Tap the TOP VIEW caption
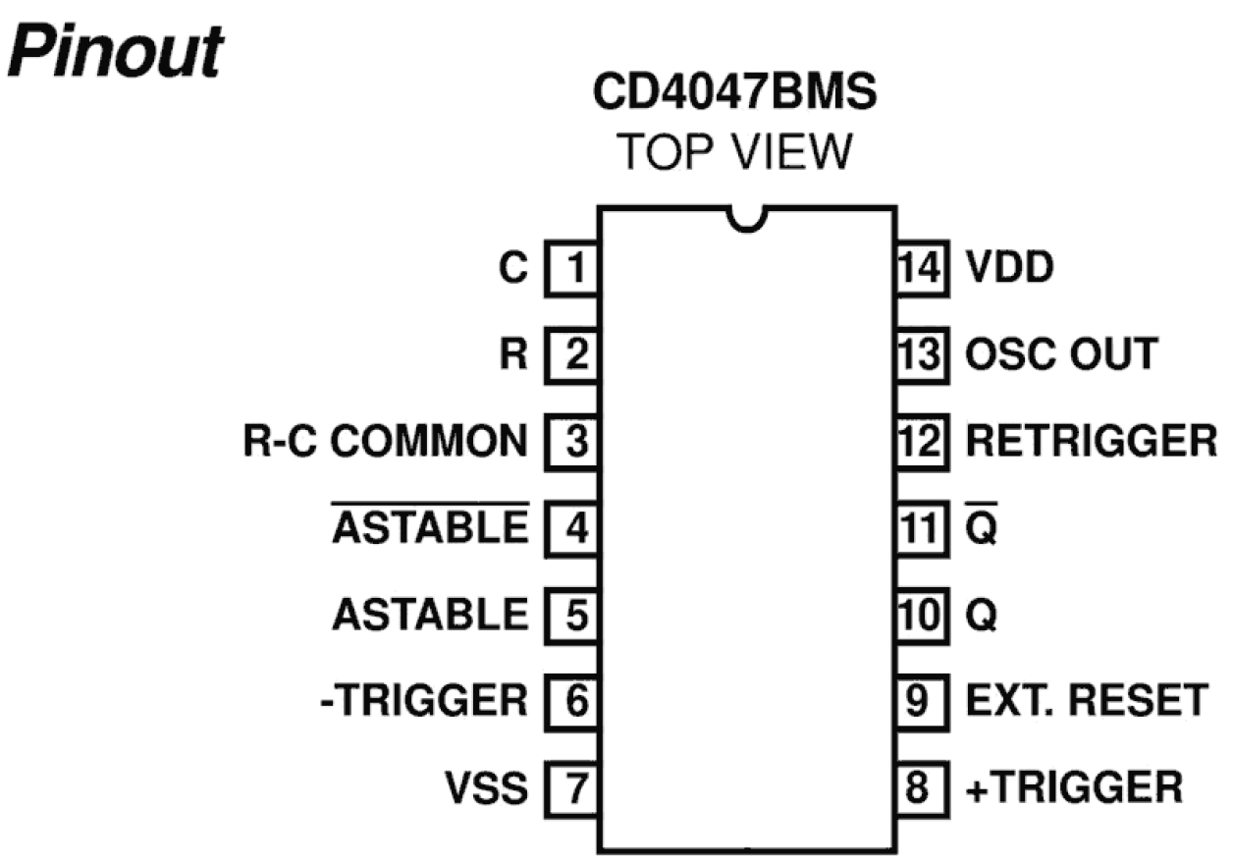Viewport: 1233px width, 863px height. tap(734, 152)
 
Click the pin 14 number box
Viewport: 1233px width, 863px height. tap(922, 267)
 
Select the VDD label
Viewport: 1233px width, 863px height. tap(1008, 267)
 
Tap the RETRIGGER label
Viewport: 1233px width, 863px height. tap(1091, 441)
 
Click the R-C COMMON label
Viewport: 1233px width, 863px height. tap(385, 441)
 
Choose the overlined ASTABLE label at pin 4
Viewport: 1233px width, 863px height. tap(430, 527)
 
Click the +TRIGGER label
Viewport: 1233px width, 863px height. tap(1074, 787)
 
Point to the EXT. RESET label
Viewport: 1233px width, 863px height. tap(1087, 701)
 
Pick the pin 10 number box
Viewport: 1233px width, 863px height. tap(922, 615)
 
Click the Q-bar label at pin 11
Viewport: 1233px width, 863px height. tap(982, 527)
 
